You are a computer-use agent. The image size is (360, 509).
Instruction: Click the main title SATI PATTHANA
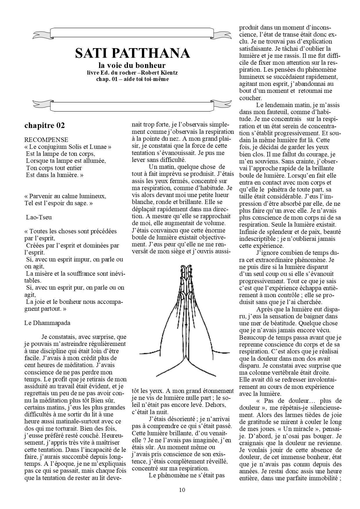pyautogui.click(x=132, y=53)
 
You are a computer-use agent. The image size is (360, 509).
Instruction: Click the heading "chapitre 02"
pyautogui.click(x=45, y=125)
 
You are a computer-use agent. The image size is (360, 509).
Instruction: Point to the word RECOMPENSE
pyautogui.click(x=46, y=140)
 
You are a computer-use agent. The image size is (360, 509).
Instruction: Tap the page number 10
pyautogui.click(x=182, y=490)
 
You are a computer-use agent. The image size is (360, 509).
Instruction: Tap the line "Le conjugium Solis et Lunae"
pyautogui.click(x=69, y=147)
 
